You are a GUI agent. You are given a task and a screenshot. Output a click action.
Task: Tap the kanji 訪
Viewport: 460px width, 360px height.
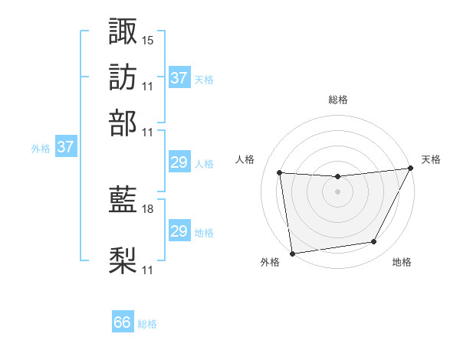(123, 77)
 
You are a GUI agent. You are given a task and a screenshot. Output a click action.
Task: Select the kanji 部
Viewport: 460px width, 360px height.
(123, 123)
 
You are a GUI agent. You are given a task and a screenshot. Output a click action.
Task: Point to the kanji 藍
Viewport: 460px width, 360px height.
(123, 201)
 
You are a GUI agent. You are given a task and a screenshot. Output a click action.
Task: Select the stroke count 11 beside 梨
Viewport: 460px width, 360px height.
(148, 270)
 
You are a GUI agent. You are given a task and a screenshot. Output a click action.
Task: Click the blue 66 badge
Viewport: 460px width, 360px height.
(123, 322)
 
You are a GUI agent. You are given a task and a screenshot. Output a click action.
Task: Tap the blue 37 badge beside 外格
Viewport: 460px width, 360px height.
(65, 148)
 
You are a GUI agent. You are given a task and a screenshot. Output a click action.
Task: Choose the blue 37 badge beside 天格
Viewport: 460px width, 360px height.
(179, 78)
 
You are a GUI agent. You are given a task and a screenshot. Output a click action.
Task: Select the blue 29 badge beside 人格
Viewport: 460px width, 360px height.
(179, 163)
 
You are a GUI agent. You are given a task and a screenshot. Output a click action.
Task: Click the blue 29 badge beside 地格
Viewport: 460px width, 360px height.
(179, 231)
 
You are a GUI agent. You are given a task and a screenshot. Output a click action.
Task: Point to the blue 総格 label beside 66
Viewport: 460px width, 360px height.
(148, 324)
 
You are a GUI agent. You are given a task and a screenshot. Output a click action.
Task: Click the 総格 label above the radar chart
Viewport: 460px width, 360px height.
(338, 100)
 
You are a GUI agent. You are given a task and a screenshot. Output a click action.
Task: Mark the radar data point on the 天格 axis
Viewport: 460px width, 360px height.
(412, 169)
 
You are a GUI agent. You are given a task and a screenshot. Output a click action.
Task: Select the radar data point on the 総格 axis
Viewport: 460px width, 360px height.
(338, 177)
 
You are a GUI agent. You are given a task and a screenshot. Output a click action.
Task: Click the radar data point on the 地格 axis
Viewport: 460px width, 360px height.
(374, 242)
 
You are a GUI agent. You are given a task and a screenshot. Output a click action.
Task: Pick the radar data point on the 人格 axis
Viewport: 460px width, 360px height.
(280, 173)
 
